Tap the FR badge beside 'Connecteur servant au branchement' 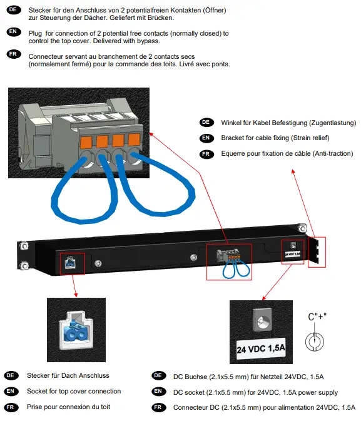pyautogui.click(x=13, y=55)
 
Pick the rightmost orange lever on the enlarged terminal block pyautogui.click(x=133, y=139)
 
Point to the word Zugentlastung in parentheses pyautogui.click(x=329, y=123)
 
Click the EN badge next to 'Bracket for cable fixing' pyautogui.click(x=206, y=138)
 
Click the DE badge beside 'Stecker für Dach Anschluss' pyautogui.click(x=11, y=375)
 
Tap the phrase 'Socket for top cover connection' pyautogui.click(x=74, y=392)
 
